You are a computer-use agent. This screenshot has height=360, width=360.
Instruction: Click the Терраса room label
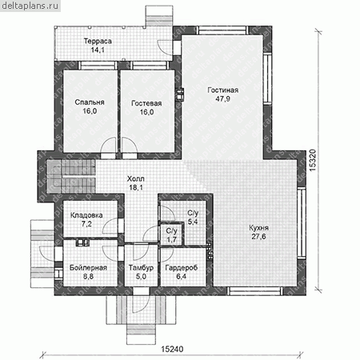pos(98,42)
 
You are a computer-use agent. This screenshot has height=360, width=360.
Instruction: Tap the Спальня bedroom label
pos(90,102)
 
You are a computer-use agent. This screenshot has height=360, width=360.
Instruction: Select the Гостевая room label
pos(146,103)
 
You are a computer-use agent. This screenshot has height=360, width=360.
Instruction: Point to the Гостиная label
pos(222,90)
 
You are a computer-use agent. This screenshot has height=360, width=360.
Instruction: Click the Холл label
pos(136,179)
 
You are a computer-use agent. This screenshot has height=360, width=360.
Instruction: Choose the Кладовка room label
pos(86,215)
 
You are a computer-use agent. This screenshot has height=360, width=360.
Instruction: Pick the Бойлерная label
pos(88,268)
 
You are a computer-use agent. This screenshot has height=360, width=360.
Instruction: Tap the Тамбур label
pos(141,268)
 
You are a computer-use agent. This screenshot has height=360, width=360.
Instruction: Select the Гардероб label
pos(182,268)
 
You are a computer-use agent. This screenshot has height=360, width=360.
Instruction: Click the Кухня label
pos(258,228)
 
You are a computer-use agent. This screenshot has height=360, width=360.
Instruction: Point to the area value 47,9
pos(222,99)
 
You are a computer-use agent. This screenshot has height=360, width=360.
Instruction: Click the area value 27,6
pos(258,237)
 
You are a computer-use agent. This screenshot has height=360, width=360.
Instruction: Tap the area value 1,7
pos(171,239)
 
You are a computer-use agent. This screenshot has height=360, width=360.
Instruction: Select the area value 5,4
pos(193,222)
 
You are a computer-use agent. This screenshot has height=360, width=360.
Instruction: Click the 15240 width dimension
pos(173,349)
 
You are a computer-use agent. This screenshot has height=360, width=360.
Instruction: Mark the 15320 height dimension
pos(312,160)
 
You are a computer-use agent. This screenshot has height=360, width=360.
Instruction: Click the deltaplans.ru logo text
pos(30,6)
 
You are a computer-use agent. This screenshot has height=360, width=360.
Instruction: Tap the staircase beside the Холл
pos(71,176)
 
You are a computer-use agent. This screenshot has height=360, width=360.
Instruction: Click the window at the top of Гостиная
pos(222,30)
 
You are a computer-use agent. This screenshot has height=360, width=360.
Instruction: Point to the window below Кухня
pos(255,291)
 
